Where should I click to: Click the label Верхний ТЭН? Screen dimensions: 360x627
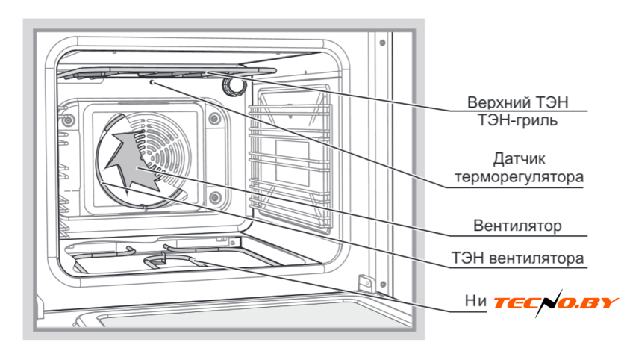[x=523, y=102]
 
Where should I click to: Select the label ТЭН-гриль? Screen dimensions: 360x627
[x=523, y=120]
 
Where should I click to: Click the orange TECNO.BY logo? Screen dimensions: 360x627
[x=555, y=302]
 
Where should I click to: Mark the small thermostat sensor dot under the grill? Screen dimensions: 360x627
[x=152, y=84]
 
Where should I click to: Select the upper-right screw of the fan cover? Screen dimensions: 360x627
[x=214, y=119]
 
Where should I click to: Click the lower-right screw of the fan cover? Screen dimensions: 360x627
[x=214, y=197]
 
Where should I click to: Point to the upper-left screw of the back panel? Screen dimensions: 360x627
[x=68, y=120]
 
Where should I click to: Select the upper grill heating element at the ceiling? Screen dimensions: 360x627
[x=164, y=72]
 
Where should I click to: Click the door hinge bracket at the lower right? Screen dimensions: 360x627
[x=366, y=283]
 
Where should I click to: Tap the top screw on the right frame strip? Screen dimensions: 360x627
[x=381, y=42]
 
